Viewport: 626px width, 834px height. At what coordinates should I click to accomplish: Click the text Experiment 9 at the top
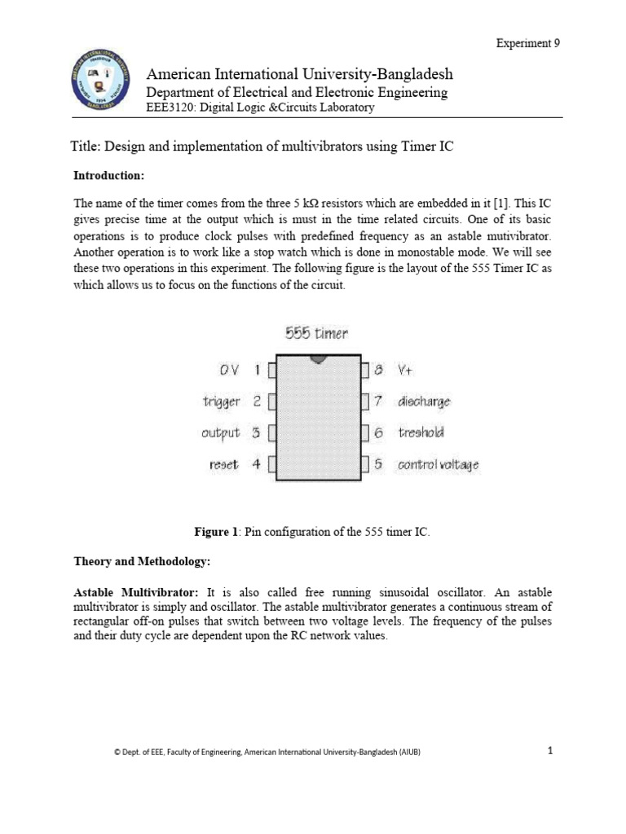pos(528,43)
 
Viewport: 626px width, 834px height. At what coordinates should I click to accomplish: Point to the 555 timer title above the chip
pos(316,332)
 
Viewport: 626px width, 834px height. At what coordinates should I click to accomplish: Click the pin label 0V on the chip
pos(228,370)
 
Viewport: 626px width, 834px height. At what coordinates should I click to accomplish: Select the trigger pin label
pos(221,402)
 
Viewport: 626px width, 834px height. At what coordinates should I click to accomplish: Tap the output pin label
pos(220,433)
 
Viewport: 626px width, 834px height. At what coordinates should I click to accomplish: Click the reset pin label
pos(223,465)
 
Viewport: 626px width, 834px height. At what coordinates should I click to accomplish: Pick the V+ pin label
pos(406,370)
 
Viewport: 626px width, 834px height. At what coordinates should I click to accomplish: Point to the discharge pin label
pos(424,402)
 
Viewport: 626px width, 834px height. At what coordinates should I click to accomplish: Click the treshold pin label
pos(421,433)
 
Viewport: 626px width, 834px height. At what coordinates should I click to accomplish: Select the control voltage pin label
pos(438,465)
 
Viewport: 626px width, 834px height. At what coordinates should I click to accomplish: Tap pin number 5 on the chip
pos(378,465)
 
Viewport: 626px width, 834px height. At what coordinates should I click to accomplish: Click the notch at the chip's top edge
pos(317,358)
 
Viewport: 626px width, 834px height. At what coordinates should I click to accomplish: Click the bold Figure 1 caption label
pos(216,532)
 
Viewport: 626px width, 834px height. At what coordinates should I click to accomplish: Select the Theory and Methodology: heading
pos(143,562)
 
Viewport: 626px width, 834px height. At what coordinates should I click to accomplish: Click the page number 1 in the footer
pos(550,751)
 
